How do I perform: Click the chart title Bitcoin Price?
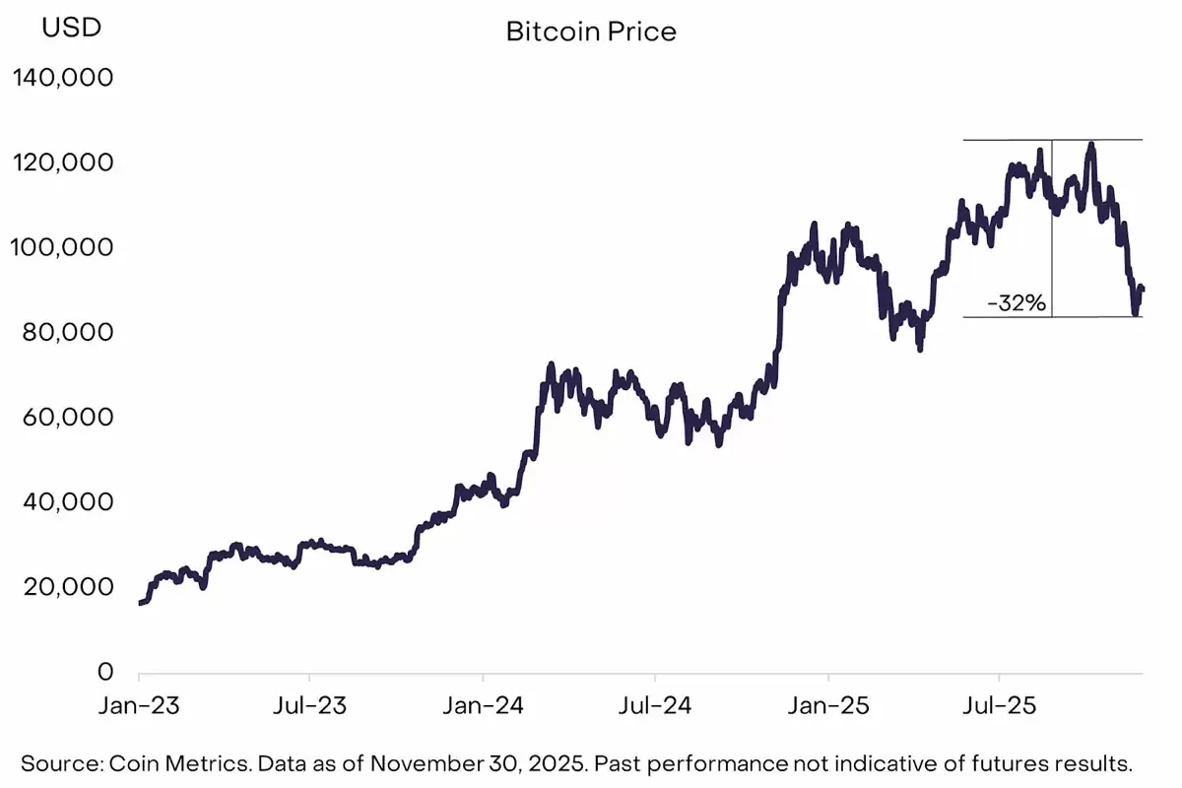tap(591, 32)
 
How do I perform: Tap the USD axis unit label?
tap(70, 28)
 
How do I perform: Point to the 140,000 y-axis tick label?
tap(62, 77)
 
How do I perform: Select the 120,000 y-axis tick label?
tap(62, 163)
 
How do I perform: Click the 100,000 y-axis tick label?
tap(62, 247)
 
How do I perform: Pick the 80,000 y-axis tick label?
tap(68, 332)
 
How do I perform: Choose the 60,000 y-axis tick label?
tap(68, 418)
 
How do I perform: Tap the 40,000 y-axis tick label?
tap(68, 502)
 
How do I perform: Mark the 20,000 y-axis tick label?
tap(68, 587)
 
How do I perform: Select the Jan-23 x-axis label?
tap(139, 706)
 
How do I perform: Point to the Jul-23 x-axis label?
tap(309, 706)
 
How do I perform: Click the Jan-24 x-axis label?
tap(483, 706)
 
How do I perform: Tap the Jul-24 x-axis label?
tap(655, 706)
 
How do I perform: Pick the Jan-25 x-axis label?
tap(828, 706)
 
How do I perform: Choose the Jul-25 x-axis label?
tap(1000, 706)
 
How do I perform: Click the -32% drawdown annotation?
tap(1016, 303)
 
